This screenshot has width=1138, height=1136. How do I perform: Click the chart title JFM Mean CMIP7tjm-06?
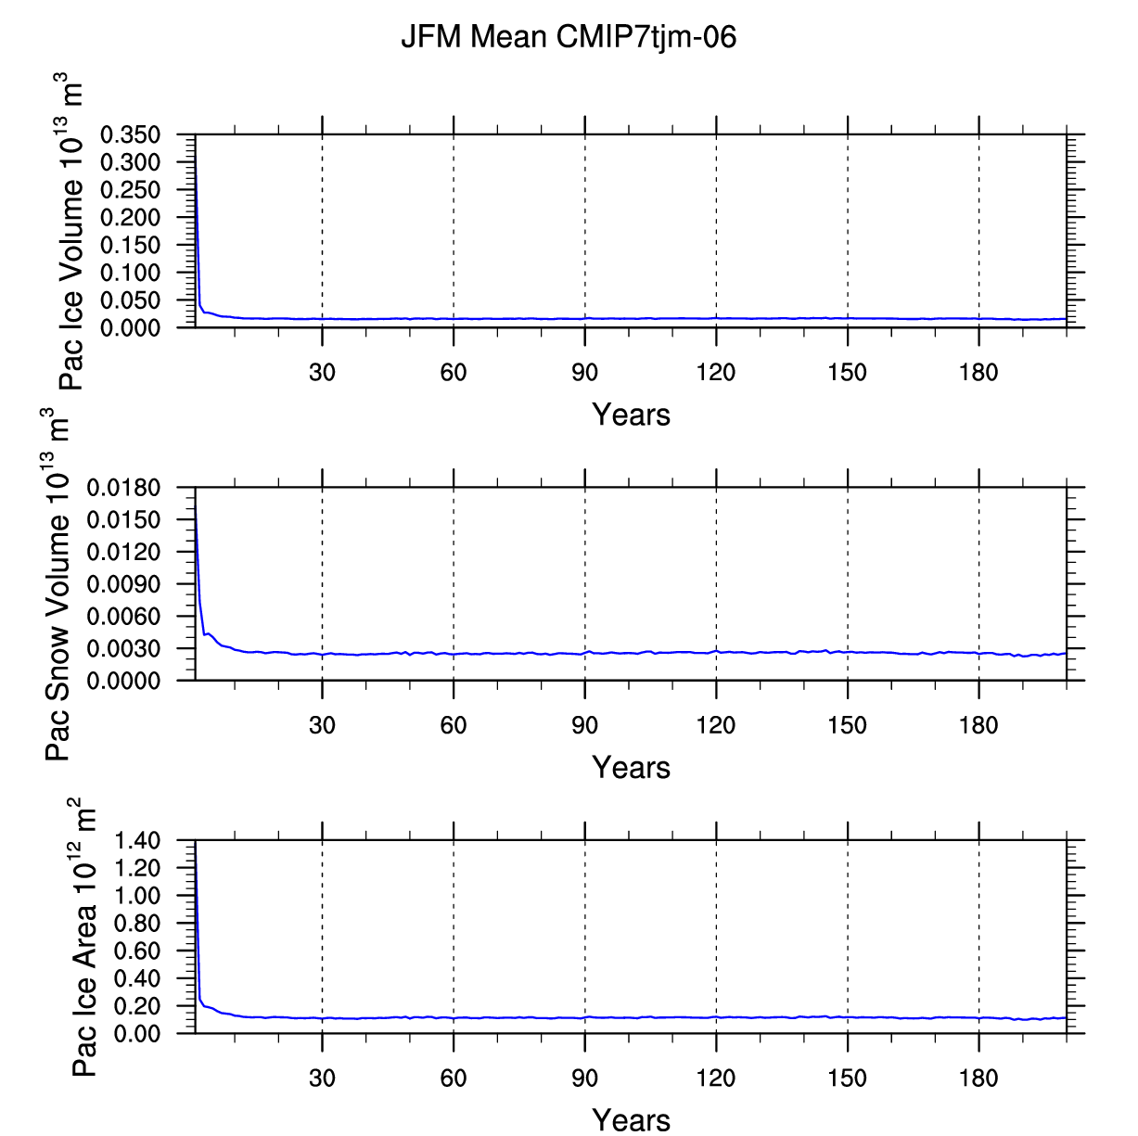pyautogui.click(x=569, y=37)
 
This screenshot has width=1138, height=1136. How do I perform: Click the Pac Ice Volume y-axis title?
pyautogui.click(x=70, y=231)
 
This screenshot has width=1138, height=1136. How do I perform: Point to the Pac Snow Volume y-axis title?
pyautogui.click(x=58, y=583)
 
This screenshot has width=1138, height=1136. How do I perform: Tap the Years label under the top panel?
pyautogui.click(x=631, y=415)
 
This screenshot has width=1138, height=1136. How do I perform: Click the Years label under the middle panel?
pyautogui.click(x=631, y=767)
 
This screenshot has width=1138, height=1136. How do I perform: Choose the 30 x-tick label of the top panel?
pyautogui.click(x=322, y=372)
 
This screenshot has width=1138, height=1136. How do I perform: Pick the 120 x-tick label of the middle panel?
pyautogui.click(x=716, y=725)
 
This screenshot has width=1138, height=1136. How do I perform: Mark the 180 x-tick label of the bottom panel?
pyautogui.click(x=978, y=1079)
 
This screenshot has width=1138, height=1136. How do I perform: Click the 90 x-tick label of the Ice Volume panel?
pyautogui.click(x=584, y=372)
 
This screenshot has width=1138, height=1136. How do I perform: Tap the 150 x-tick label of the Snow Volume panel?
pyautogui.click(x=847, y=725)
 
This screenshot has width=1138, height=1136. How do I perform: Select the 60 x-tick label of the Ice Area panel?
pyautogui.click(x=453, y=1079)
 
